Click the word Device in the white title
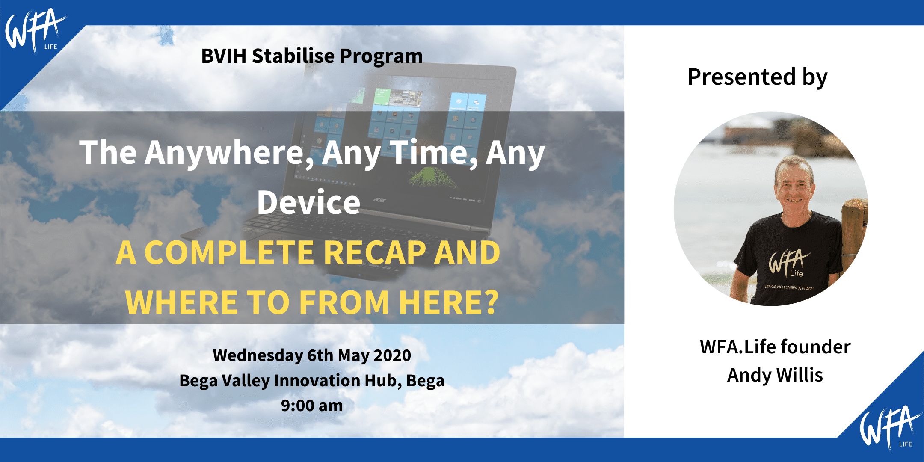308,202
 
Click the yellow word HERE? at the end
449,302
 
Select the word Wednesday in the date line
258,355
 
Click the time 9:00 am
312,406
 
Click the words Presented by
758,77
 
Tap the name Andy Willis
775,375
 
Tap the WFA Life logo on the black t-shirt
788,263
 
